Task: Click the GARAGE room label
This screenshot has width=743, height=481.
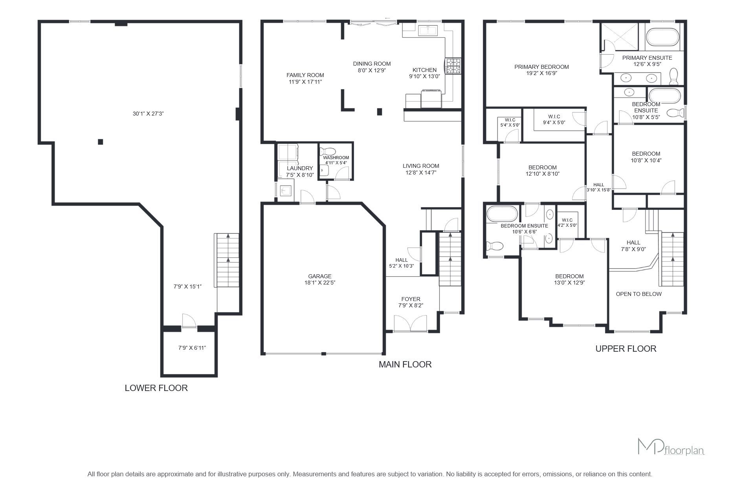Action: [x=320, y=276]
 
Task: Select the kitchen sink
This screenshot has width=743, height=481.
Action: [x=428, y=30]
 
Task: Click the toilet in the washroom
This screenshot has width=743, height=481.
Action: [x=327, y=151]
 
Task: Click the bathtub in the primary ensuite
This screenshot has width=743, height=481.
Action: [x=662, y=37]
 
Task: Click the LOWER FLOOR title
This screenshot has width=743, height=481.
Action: [x=156, y=388]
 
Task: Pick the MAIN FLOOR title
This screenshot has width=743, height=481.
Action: [x=405, y=364]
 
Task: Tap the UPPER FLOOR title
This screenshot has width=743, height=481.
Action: [x=626, y=349]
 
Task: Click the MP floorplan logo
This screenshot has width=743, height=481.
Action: [x=671, y=447]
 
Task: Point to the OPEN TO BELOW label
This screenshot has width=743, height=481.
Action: [x=639, y=294]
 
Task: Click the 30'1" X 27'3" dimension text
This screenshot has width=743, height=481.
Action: [x=148, y=114]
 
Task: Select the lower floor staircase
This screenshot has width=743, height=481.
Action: [x=227, y=260]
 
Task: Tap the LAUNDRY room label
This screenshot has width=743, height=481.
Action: [x=300, y=168]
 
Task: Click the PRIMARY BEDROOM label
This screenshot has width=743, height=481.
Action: [x=541, y=67]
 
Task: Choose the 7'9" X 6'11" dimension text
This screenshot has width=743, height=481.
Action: [x=192, y=348]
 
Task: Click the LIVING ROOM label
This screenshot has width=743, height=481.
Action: [x=421, y=166]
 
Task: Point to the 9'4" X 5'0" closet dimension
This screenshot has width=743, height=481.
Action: [x=554, y=123]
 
